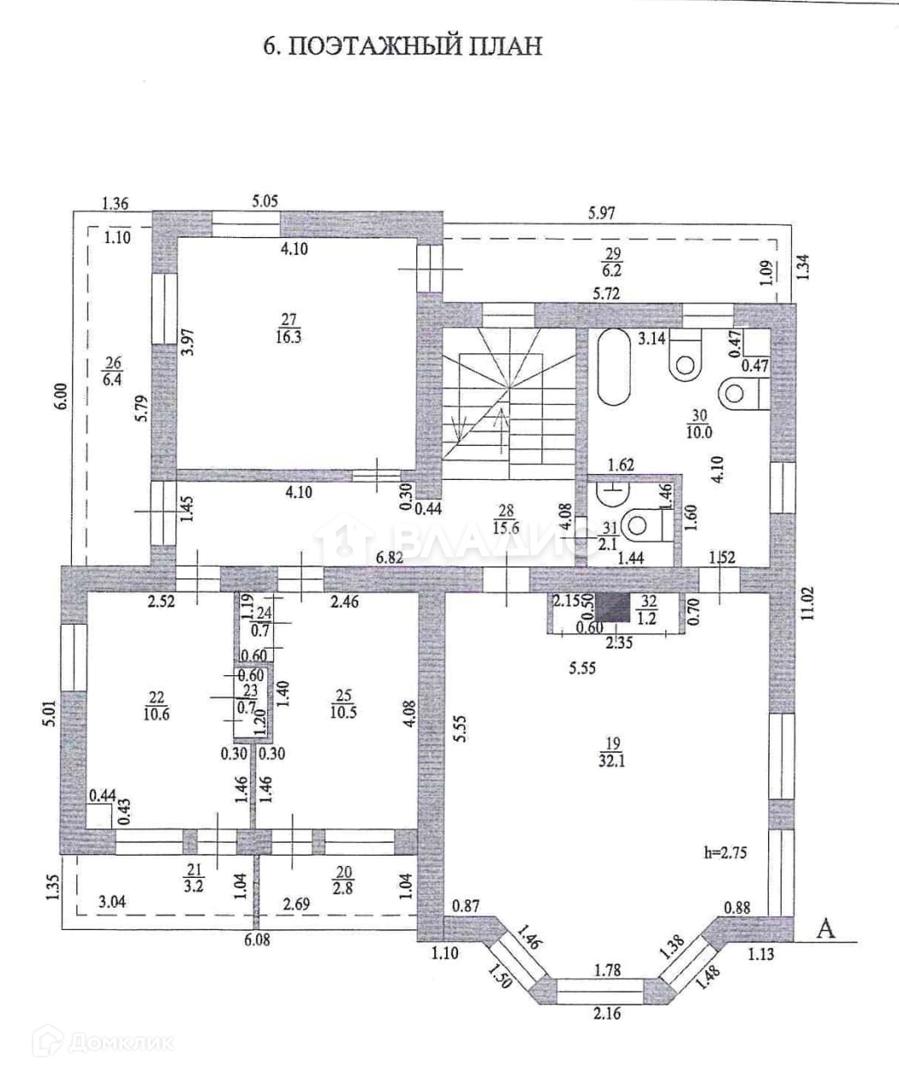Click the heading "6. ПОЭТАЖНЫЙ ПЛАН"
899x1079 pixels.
point(402,45)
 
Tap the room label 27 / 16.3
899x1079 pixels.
point(289,329)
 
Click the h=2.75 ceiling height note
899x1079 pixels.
point(723,852)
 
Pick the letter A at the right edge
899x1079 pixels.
point(825,929)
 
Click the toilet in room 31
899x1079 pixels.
point(642,524)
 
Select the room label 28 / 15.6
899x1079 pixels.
point(506,519)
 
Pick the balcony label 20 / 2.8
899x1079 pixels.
point(344,879)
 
